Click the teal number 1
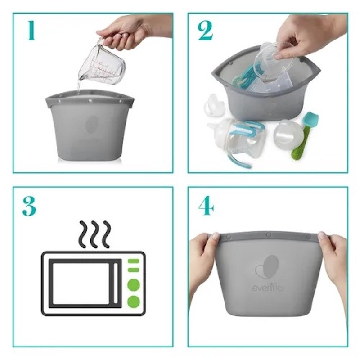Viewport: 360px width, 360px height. (x=31, y=30)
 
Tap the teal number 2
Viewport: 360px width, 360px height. (x=205, y=30)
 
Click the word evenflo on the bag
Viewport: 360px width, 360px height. (x=267, y=287)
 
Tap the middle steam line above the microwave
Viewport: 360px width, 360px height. (x=94, y=234)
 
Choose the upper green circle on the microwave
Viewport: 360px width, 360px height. (x=133, y=284)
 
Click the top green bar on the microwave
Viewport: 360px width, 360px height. (x=133, y=261)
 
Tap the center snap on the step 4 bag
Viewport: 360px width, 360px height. (x=268, y=235)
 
